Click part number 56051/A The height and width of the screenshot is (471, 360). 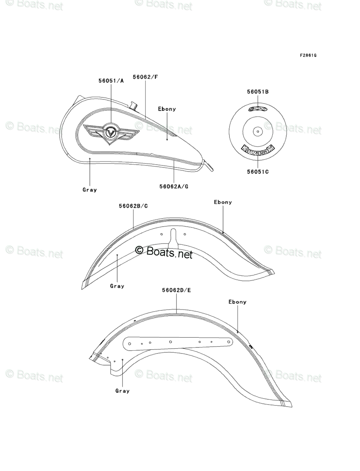pos(111,81)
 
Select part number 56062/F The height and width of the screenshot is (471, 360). pos(145,76)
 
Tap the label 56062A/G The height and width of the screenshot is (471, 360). pos(174,186)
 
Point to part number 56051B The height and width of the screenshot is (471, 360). pos(258,92)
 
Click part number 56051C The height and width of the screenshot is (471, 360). pos(258,171)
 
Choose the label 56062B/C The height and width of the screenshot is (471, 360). pos(133,206)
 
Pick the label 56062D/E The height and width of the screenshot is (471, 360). pos(176,289)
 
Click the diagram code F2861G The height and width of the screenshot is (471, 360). pos(308,55)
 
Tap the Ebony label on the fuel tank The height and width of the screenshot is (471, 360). pos(167,109)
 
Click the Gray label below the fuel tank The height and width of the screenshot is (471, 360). pos(90,190)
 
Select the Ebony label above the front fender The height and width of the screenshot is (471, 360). pos(223,202)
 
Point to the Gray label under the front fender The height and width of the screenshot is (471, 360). pos(117,286)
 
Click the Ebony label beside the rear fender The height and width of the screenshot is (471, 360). pos(237,302)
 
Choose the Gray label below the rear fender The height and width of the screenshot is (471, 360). pos(122,390)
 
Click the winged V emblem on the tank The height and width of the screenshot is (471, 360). pos(110,132)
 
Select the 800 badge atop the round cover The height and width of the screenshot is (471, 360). pos(258,109)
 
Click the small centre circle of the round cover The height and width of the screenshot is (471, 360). pos(258,130)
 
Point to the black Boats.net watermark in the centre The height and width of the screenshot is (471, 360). pos(164,252)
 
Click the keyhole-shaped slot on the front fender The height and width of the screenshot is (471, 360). pos(174,238)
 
